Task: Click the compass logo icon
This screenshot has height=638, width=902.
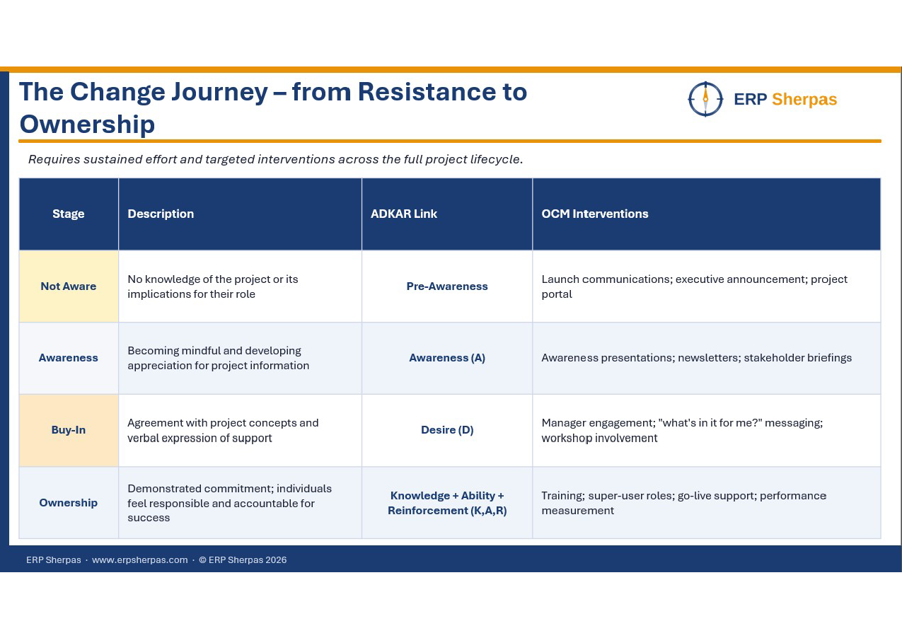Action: [705, 99]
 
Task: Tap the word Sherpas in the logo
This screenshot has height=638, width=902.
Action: [804, 100]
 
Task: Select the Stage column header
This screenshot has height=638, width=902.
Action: [69, 214]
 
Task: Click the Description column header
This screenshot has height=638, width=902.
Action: [161, 214]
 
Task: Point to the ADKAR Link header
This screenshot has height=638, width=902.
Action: [403, 214]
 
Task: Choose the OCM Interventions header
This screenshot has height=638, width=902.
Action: [595, 214]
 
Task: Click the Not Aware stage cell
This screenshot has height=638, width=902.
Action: [69, 286]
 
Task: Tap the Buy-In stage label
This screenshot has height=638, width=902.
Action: [69, 430]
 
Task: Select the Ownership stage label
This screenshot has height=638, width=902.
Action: [69, 503]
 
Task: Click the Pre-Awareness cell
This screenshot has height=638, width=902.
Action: [447, 286]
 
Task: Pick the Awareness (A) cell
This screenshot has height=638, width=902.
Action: [447, 358]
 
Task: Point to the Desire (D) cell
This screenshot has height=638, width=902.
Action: [447, 430]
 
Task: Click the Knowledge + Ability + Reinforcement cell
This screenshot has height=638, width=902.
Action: [447, 503]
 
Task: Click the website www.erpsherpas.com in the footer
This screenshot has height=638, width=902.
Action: [140, 560]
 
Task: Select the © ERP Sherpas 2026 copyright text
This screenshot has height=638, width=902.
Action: [243, 560]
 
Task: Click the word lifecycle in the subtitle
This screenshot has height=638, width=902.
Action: [496, 159]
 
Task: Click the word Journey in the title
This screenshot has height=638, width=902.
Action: [219, 93]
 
